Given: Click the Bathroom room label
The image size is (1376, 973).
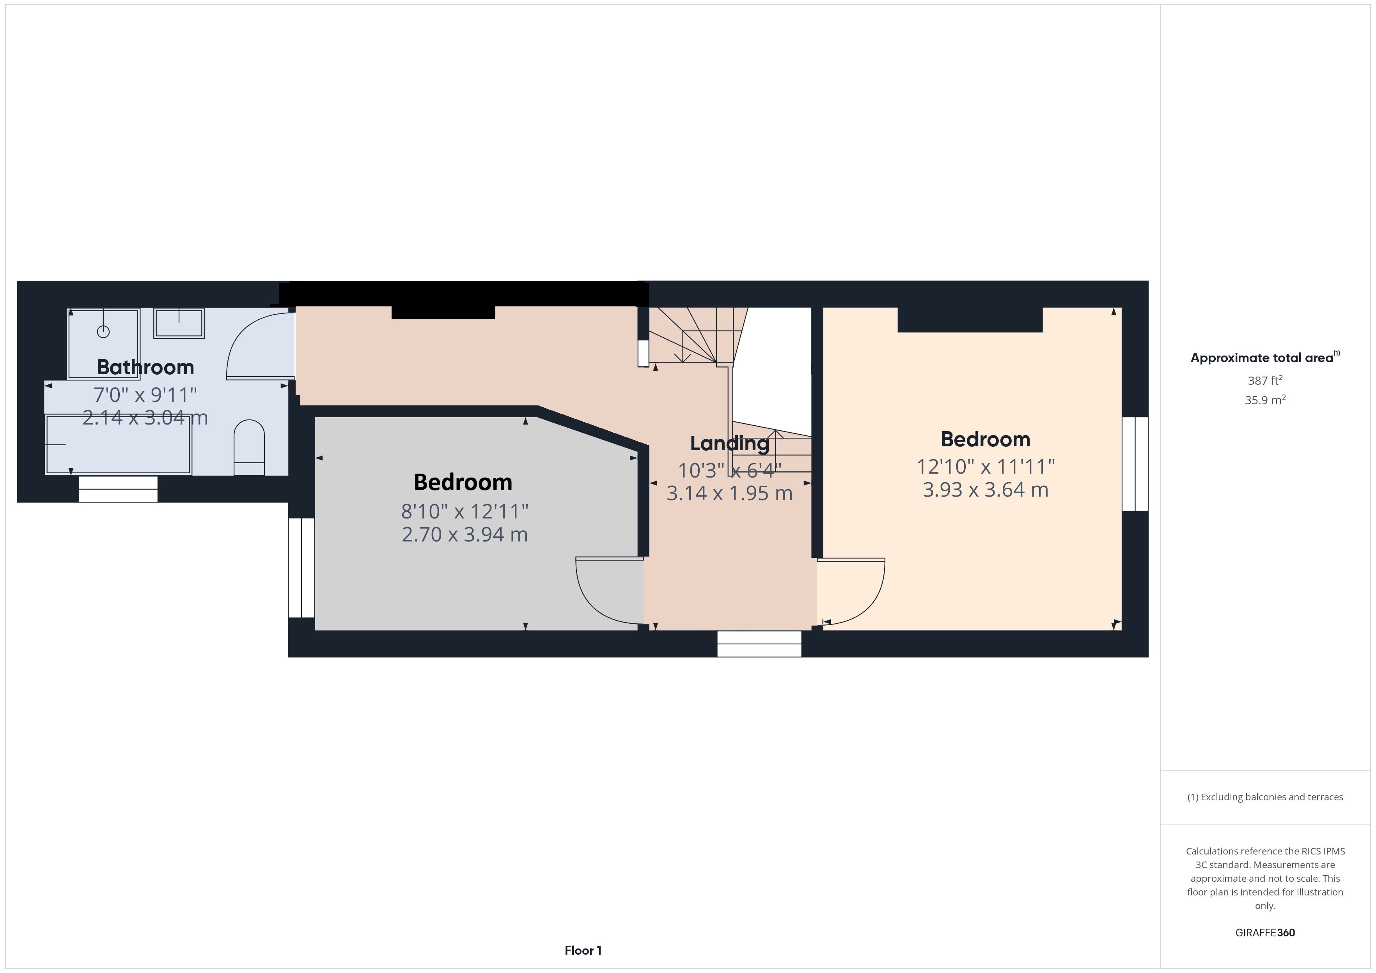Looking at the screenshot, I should tap(145, 367).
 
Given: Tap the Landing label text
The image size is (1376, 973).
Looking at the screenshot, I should tap(729, 443).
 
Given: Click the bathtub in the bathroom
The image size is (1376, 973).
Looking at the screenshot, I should tap(118, 444).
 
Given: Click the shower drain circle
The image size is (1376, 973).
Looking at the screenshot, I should tap(103, 331).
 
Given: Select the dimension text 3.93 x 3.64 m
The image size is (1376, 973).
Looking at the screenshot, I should tap(985, 490).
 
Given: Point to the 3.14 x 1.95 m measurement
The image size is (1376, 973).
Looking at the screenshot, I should tap(729, 493).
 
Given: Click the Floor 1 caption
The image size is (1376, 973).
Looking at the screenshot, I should tap(583, 950).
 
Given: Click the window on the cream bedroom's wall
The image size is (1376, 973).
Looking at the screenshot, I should tap(1135, 464).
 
